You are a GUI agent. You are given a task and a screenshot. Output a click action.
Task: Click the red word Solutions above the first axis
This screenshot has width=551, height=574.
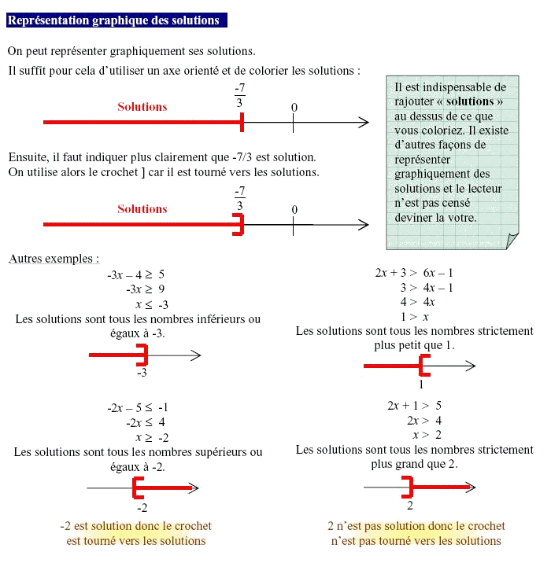point(142,107)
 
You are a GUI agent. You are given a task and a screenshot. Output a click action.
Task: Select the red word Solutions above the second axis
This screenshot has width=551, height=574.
point(142,209)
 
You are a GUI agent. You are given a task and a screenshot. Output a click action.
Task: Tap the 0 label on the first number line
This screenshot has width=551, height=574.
point(294,108)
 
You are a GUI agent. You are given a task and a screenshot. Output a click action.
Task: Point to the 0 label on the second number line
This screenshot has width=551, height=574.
point(294,210)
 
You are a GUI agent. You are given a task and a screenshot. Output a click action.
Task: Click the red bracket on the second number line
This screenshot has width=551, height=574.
point(239,225)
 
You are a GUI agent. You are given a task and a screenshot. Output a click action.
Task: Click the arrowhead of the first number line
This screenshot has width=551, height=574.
point(363,122)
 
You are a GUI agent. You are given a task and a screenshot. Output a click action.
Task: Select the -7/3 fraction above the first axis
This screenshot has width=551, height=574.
point(239,95)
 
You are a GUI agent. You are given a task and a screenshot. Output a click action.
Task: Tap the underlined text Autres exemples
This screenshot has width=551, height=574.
point(54,259)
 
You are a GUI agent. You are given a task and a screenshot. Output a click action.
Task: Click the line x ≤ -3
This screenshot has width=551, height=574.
point(152,304)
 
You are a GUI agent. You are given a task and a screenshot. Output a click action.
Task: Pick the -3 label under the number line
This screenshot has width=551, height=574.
point(142,373)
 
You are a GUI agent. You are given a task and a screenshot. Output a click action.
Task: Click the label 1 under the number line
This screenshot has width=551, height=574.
point(421,385)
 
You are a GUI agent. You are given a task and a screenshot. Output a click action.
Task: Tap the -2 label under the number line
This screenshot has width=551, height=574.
point(142,508)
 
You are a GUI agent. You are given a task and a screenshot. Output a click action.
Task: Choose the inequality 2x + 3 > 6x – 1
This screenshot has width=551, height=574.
point(414,274)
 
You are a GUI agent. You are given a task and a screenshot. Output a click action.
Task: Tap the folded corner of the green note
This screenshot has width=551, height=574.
point(512,241)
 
